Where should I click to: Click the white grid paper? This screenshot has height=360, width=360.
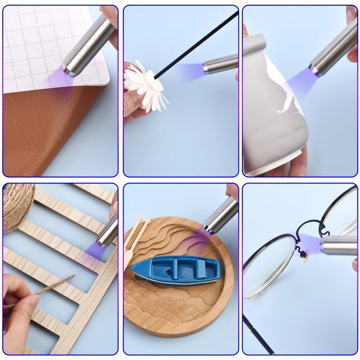click(x=36, y=43)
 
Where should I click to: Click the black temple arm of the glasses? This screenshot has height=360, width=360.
click(x=257, y=335)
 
